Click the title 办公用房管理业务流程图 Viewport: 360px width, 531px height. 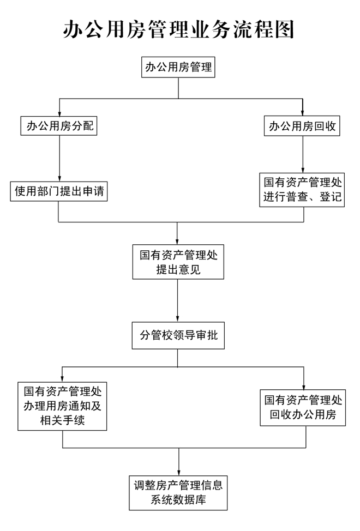[x=179, y=29]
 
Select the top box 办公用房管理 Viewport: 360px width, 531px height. [x=178, y=68]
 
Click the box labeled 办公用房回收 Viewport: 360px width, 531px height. [x=302, y=127]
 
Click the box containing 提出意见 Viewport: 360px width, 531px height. [x=178, y=262]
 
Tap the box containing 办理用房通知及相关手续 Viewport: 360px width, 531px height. [x=62, y=406]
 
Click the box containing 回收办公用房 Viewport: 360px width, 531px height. [x=304, y=407]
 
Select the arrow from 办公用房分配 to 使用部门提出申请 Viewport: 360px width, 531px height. [x=59, y=158]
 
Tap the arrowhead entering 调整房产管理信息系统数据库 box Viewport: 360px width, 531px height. [x=178, y=470]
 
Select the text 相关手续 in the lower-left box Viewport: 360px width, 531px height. [x=62, y=420]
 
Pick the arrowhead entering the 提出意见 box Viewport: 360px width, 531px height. [x=178, y=240]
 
